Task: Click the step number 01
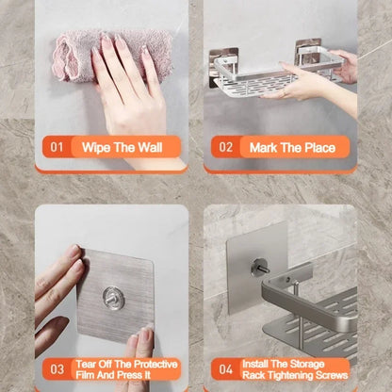[x=57, y=147]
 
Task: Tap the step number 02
[x=226, y=147]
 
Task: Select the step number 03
[x=57, y=369]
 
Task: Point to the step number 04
[x=226, y=369]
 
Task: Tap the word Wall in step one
[x=150, y=147]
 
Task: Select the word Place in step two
[x=320, y=148]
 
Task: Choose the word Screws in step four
[x=332, y=375]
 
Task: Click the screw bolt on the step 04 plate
[x=260, y=268]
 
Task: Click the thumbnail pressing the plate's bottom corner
[x=145, y=334]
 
